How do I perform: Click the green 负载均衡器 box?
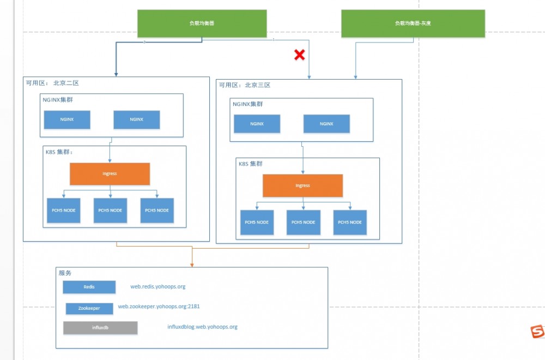[x=202, y=23]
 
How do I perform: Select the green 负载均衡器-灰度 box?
[x=413, y=23]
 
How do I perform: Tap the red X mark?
[x=299, y=55]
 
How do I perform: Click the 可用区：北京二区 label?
[x=53, y=83]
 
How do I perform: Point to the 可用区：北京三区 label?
[x=245, y=85]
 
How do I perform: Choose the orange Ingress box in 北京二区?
[x=110, y=173]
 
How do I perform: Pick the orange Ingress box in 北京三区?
[x=302, y=185]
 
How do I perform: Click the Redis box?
[x=89, y=287]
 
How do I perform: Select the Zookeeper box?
[x=89, y=308]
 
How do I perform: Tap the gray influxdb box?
[x=100, y=328]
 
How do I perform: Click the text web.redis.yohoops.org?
[x=158, y=286]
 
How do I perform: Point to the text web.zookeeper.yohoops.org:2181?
[x=162, y=307]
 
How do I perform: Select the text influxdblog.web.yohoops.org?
[x=202, y=327]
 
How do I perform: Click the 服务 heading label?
[x=65, y=273]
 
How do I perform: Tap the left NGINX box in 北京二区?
[x=67, y=119]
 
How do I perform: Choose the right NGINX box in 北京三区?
[x=326, y=124]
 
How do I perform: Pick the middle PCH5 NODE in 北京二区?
[x=110, y=211]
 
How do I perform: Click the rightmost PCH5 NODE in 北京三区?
[x=350, y=222]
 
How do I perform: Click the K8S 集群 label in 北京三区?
[x=251, y=164]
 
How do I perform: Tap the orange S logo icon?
[x=538, y=331]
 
